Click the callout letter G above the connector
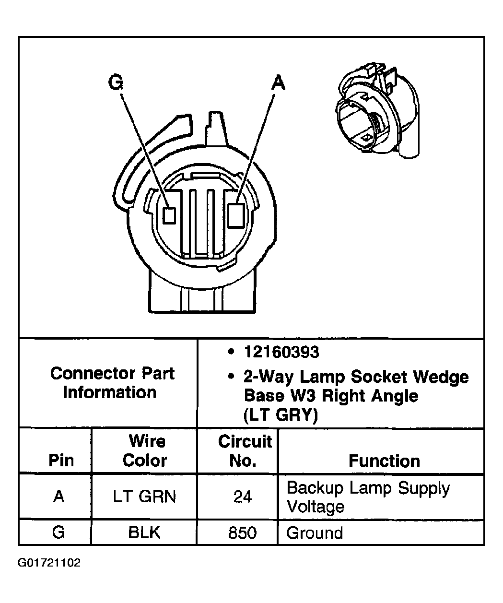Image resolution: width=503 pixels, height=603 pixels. (116, 83)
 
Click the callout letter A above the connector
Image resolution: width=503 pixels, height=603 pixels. (278, 83)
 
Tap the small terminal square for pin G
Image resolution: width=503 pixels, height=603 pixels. (168, 215)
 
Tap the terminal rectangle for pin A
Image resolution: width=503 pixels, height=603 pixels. (236, 214)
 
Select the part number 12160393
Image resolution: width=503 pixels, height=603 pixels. (281, 353)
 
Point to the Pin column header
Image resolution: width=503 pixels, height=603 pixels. (61, 461)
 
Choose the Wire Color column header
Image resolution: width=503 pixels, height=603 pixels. (144, 451)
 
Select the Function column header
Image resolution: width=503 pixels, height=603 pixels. (384, 461)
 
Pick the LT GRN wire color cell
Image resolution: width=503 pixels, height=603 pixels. (144, 496)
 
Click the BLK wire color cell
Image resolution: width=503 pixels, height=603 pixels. (144, 532)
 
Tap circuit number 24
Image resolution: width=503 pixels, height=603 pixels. (243, 497)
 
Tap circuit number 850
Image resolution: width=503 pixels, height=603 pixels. (243, 532)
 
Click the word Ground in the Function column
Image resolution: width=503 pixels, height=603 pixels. (315, 533)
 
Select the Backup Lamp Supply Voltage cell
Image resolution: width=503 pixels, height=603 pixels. (368, 497)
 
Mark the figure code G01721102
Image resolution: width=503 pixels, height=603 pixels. (49, 563)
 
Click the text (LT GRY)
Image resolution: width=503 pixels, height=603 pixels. (281, 415)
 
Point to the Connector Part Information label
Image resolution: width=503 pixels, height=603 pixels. (112, 383)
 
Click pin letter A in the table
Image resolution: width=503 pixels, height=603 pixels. (58, 497)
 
